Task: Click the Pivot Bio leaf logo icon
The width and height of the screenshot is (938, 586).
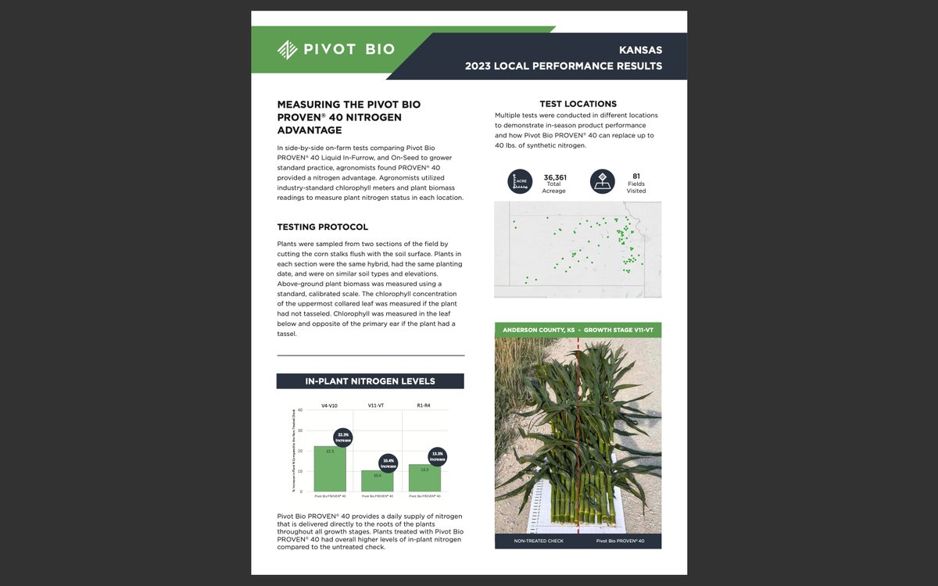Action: point(288,49)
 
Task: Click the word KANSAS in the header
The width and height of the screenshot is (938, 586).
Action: point(640,49)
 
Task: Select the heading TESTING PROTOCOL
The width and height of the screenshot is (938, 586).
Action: point(323,227)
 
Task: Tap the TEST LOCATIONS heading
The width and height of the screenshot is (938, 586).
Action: point(578,104)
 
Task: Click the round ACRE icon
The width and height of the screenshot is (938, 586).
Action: point(520,181)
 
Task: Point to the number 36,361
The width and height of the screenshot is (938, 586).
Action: point(555,177)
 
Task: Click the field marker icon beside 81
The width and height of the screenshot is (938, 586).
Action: point(602,181)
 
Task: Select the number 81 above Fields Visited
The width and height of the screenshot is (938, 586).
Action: point(636,176)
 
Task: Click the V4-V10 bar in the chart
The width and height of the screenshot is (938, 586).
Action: point(330,468)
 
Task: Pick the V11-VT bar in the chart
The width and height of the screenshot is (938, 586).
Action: point(378,481)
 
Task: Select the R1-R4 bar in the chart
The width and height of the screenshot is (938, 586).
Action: point(424,477)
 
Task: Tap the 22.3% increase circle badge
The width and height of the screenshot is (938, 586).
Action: point(343,438)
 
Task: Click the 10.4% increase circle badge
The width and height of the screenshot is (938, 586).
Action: point(388,463)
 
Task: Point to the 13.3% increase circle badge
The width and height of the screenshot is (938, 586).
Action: point(438,456)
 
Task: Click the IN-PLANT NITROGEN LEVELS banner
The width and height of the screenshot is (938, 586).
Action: point(370,381)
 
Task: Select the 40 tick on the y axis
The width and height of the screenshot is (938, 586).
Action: point(300,409)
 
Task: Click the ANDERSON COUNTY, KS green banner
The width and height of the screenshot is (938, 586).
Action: point(578,330)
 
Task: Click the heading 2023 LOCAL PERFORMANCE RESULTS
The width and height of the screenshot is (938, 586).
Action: point(564,66)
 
